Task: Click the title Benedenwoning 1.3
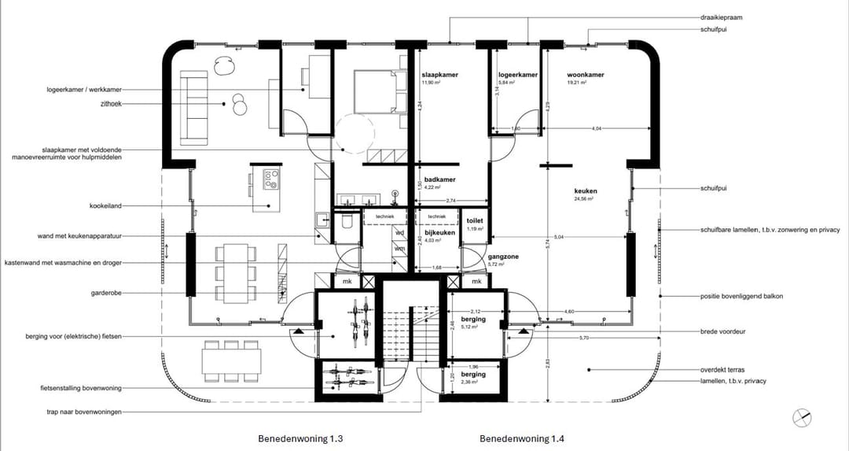click(x=300, y=438)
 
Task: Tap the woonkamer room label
click(x=586, y=75)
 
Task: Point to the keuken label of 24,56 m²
click(x=586, y=191)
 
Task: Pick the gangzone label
click(x=480, y=256)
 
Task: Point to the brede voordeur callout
click(x=722, y=331)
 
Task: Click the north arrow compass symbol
click(x=801, y=417)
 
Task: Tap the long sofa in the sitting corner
click(x=193, y=108)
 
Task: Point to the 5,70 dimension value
click(x=583, y=338)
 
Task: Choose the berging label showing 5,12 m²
click(x=473, y=323)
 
